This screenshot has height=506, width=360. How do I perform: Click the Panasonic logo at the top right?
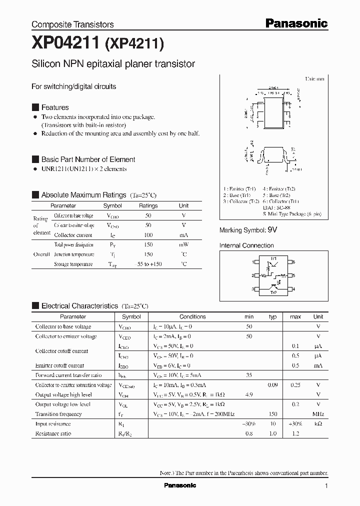295,23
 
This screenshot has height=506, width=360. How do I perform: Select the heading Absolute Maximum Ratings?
83,194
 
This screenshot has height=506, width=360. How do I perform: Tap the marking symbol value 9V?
272,230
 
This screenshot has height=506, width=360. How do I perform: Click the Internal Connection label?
246,245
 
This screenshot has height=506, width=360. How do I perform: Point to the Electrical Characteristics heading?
79,305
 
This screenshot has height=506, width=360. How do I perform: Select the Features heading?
55,107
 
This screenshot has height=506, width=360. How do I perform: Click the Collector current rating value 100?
148,234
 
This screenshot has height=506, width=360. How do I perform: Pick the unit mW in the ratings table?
183,244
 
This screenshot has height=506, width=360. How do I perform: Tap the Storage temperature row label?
73,264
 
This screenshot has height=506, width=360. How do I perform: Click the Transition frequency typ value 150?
272,414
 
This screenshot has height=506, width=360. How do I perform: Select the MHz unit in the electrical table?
318,414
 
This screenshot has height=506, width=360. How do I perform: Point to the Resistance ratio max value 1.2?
295,433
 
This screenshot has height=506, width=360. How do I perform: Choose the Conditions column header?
192,316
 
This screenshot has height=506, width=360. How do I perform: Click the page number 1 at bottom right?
326,486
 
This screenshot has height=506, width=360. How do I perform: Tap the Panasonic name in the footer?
180,485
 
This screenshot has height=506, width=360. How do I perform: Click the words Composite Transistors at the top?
72,24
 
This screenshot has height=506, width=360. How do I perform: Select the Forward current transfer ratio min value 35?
248,375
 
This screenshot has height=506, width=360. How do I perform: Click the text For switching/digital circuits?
73,86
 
